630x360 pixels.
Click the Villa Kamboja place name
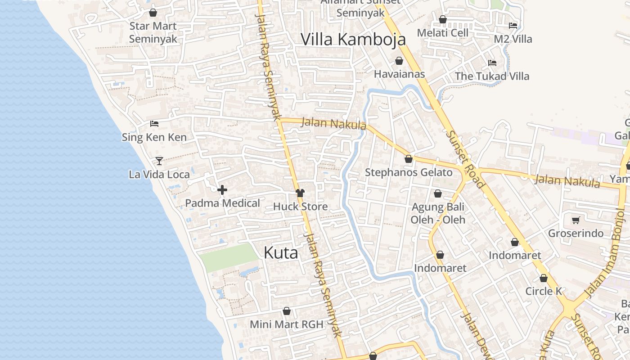coord(353,40)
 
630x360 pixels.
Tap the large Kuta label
coord(281,252)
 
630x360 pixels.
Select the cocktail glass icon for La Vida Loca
coord(159,161)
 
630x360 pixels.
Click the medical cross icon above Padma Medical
coord(222,190)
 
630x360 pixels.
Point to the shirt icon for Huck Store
coord(300,193)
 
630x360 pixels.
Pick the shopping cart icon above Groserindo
coord(576,220)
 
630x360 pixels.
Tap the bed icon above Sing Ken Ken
coord(154,123)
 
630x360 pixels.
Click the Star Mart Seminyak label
coord(153,32)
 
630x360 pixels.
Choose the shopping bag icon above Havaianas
coord(399,61)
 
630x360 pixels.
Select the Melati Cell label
coord(443,33)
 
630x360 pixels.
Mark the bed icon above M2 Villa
coord(513,25)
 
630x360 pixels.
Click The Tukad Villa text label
coord(492,76)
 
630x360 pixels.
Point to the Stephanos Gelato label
coord(409,172)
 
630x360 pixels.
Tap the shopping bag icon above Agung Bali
coord(437,193)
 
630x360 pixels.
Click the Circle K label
coord(544,291)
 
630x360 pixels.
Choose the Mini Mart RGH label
coord(287,324)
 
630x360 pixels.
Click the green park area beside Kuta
coord(229,257)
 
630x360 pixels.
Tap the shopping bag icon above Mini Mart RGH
coord(287,311)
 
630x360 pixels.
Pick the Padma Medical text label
coord(223,203)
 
